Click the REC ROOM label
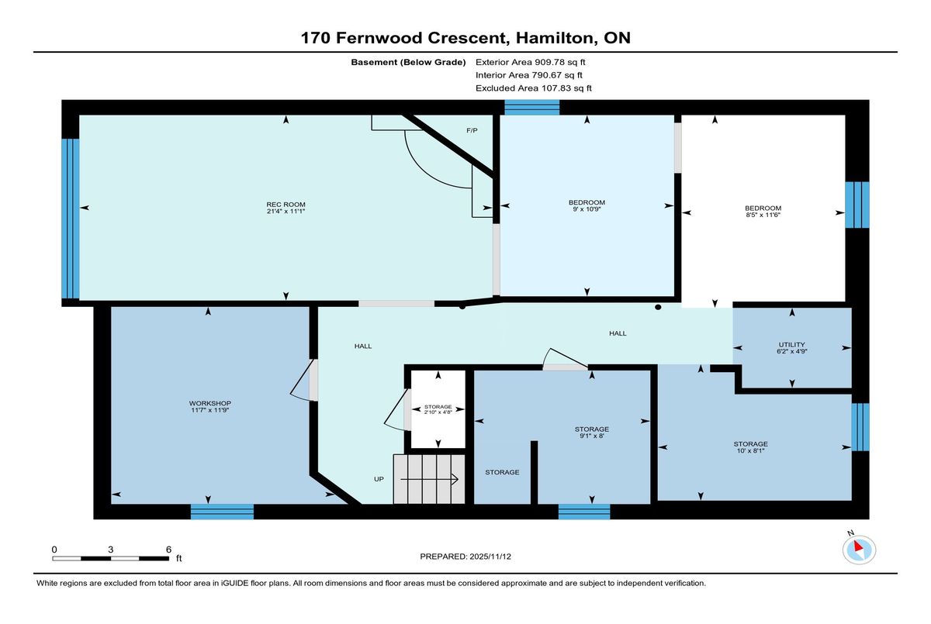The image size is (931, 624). coord(286,205)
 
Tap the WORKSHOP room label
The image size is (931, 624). coord(210,403)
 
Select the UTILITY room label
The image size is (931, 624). coord(792,345)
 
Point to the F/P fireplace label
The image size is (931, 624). coord(472,130)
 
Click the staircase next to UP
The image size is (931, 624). coord(429,479)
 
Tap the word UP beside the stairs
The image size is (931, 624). coord(379,479)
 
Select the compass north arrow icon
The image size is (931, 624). coord(859,550)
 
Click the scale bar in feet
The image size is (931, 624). coord(110,558)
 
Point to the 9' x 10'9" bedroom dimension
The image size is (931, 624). coord(587,209)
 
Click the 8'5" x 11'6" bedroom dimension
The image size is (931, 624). coord(763,215)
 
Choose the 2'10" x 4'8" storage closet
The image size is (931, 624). coord(438,409)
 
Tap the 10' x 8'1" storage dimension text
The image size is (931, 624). coord(751,450)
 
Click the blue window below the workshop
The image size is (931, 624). coord(222,512)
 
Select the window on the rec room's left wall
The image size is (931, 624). coord(71,219)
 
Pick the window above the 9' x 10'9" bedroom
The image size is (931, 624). coord(532,107)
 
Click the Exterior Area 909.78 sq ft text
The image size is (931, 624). coord(531,62)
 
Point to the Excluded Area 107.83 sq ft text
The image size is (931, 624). coord(534,88)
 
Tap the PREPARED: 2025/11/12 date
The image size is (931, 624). coord(465,557)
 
